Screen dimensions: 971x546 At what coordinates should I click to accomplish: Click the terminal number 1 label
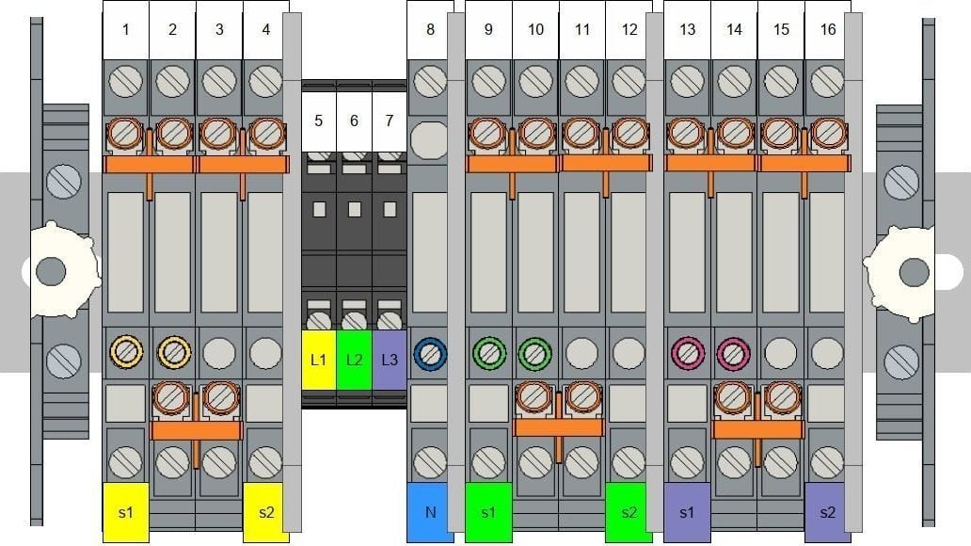(126, 30)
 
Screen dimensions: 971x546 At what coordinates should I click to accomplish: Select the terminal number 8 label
(430, 30)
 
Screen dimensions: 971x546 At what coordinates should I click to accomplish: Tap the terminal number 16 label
(827, 30)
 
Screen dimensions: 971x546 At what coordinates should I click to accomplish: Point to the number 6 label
(354, 121)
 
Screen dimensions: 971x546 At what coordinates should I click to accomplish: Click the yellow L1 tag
(318, 360)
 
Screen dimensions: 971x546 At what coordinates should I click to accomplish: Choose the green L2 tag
(354, 360)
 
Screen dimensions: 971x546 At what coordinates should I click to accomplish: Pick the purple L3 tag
(390, 360)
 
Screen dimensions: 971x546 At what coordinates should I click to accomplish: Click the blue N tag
(430, 512)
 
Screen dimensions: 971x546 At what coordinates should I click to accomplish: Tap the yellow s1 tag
(126, 512)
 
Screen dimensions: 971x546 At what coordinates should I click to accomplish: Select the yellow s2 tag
(266, 512)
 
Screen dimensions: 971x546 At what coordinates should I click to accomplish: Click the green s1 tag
(488, 512)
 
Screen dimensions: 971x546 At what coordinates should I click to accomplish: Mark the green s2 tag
(629, 512)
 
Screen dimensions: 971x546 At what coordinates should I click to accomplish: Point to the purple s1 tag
(687, 512)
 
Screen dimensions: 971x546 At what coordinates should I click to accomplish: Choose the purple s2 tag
(827, 512)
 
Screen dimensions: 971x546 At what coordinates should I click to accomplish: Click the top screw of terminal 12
(629, 81)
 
